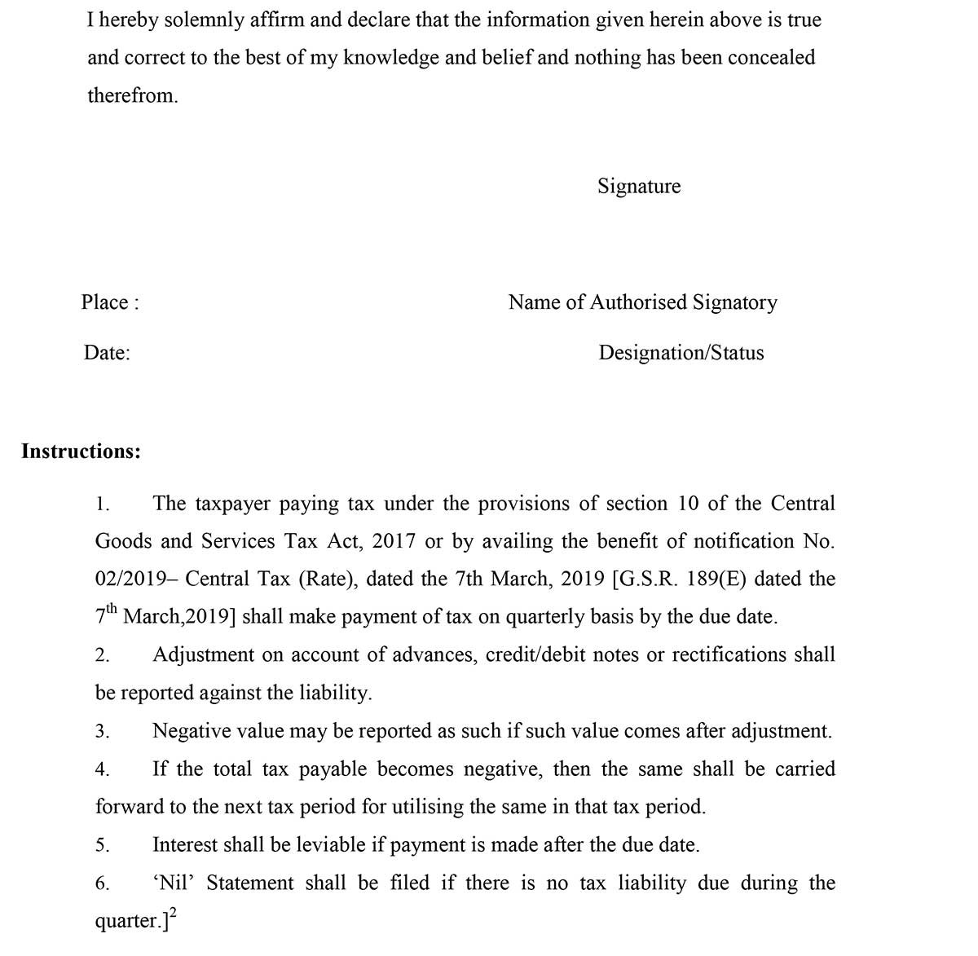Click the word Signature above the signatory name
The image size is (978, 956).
coord(639,187)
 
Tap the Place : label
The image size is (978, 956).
coord(110,302)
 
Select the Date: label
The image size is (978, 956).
coord(107,353)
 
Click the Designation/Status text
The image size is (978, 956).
coord(681,353)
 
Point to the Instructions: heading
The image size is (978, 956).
coord(81,452)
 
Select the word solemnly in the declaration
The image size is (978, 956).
coord(204,20)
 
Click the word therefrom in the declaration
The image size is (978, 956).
coord(132,95)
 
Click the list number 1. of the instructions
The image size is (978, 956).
coord(102,504)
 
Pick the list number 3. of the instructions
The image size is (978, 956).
coord(102,732)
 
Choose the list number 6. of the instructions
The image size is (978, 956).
coord(102,884)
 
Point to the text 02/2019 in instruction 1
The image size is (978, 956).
coord(127,579)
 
